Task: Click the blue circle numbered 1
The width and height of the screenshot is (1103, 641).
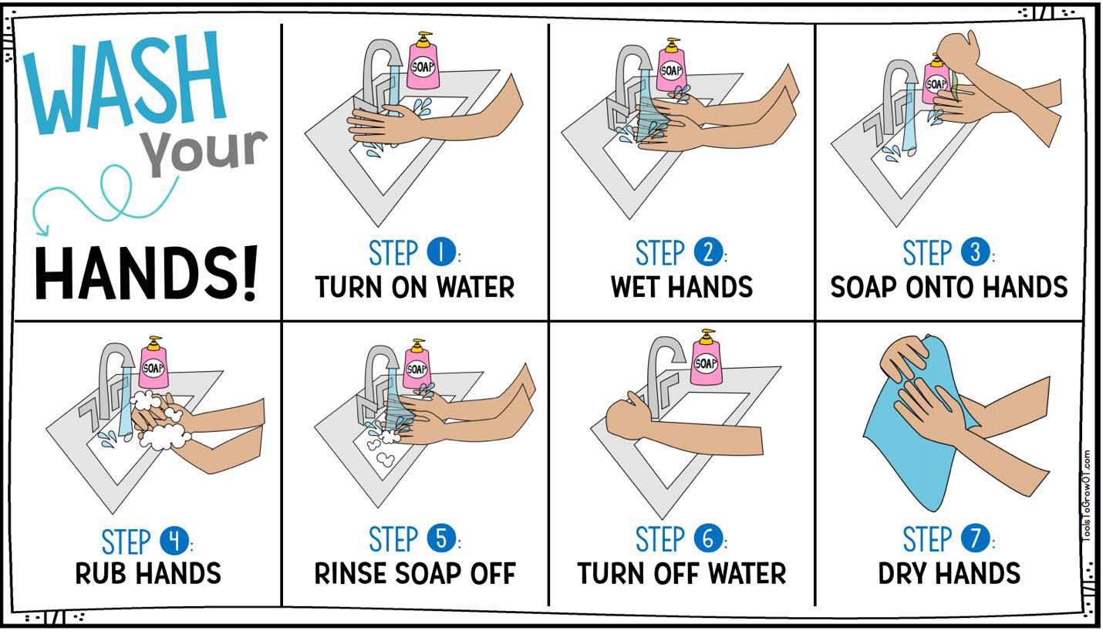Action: tap(440, 252)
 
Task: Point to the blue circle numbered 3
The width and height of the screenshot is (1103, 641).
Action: tap(975, 252)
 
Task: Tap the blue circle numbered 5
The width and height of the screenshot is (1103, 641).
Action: tap(440, 538)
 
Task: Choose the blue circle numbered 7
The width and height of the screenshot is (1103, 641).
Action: tap(975, 538)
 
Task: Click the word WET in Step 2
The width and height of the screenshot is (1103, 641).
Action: tap(636, 286)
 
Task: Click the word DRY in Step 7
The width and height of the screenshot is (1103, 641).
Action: tap(902, 574)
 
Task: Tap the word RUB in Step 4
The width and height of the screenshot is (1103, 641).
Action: tap(100, 574)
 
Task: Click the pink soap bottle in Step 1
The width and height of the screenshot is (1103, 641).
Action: tap(423, 62)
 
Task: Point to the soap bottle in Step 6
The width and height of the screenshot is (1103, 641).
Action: tap(706, 357)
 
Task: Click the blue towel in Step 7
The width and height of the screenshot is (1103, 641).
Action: tap(911, 428)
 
